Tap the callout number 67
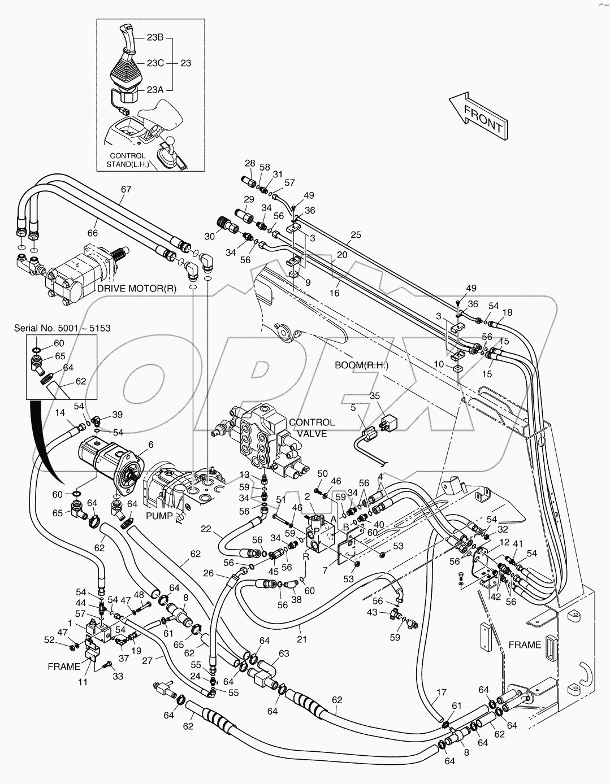[126, 189]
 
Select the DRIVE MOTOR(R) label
[137, 288]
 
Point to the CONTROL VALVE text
[312, 428]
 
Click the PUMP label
[159, 516]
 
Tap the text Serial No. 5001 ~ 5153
[55, 328]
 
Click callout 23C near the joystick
[155, 63]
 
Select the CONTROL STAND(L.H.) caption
[127, 160]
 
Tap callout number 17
[442, 692]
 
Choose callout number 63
[283, 654]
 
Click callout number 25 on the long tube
[355, 234]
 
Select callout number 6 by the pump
[150, 445]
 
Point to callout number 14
[60, 412]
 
